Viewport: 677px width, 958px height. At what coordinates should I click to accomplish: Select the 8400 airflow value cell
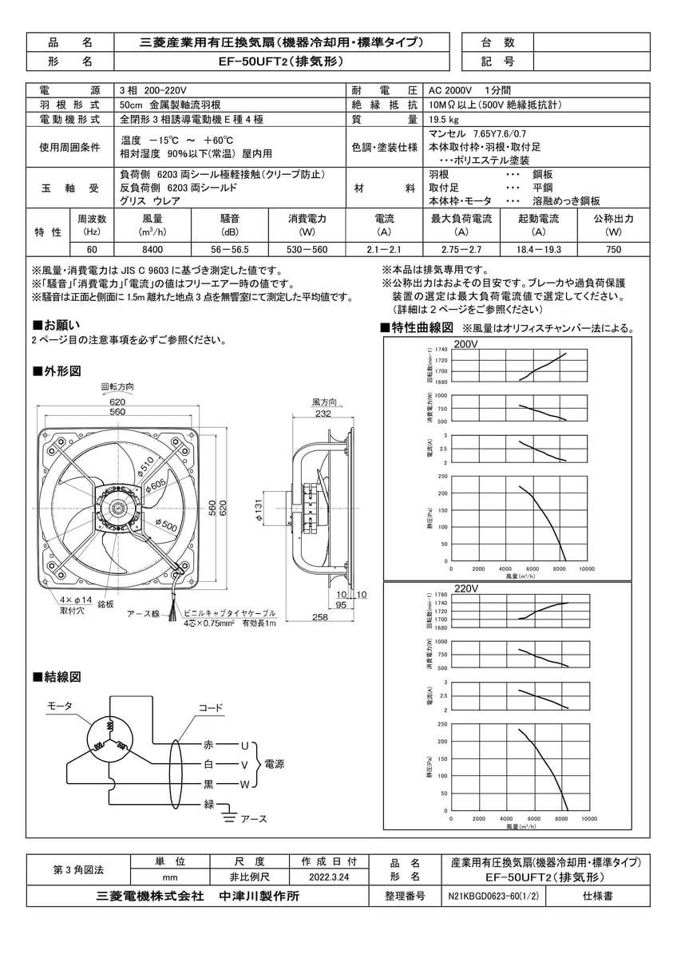(x=152, y=249)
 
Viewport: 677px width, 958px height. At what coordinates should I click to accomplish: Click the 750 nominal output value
(x=614, y=249)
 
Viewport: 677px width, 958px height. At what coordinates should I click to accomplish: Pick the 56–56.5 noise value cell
(x=229, y=249)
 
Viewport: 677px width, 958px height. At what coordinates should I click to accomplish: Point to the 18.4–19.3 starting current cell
(x=539, y=249)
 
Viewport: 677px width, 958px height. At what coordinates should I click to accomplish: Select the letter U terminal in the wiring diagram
(x=244, y=745)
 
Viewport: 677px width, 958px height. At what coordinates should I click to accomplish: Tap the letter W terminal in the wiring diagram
(x=245, y=785)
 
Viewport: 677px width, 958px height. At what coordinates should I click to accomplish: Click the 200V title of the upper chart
(x=465, y=344)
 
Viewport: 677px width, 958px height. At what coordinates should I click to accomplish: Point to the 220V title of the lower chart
(x=465, y=588)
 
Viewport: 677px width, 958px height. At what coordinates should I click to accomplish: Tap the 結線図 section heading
(x=57, y=676)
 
